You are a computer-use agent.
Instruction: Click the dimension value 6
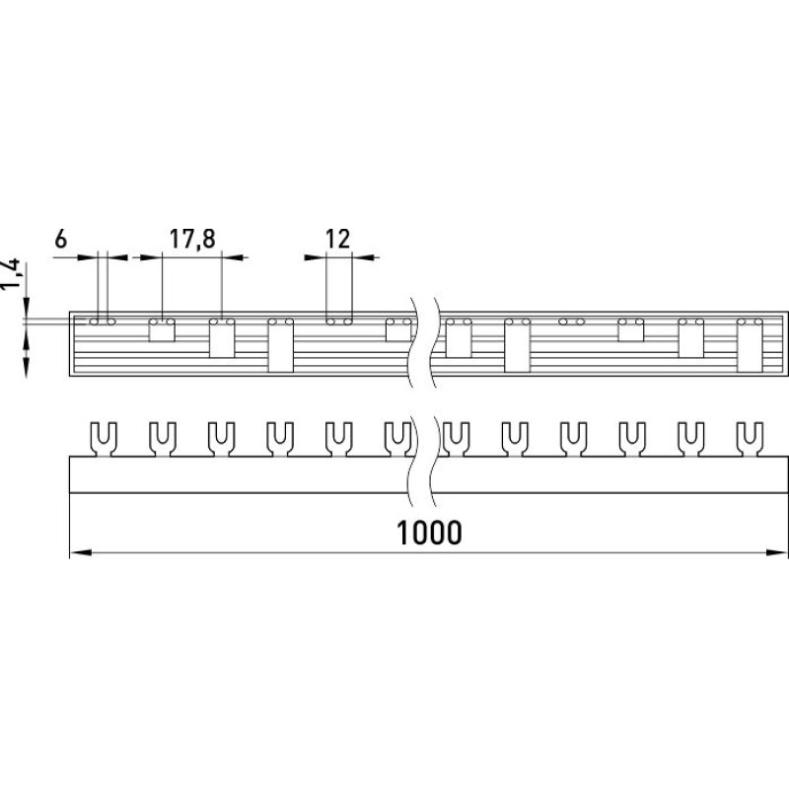click(60, 239)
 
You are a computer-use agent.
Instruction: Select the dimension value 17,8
click(192, 239)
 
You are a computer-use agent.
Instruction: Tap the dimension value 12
click(337, 239)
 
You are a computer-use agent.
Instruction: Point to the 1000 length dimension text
click(429, 533)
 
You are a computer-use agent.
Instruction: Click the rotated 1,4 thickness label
click(11, 274)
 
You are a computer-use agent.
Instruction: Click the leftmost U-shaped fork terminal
click(104, 439)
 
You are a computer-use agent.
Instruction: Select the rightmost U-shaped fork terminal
click(750, 439)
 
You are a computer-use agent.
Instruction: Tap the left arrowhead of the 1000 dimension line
click(81, 552)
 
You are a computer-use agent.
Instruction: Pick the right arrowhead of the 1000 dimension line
click(777, 552)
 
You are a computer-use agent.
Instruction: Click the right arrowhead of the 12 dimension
click(363, 257)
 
